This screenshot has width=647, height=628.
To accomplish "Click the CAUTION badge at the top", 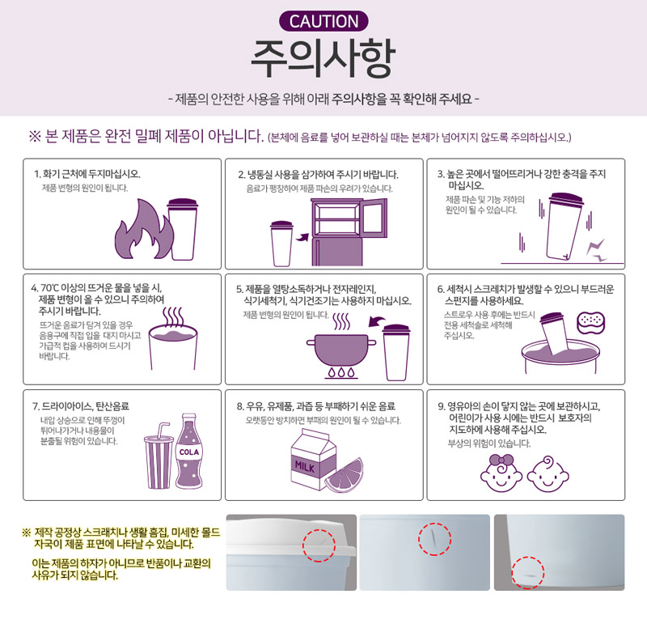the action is pyautogui.click(x=323, y=22).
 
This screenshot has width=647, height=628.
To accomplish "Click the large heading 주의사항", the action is pyautogui.click(x=323, y=58).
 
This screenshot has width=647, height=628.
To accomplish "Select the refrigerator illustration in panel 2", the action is pyautogui.click(x=349, y=231).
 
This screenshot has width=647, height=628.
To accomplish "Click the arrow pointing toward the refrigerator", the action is pyautogui.click(x=302, y=237).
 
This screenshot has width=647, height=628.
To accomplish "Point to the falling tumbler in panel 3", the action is pyautogui.click(x=564, y=227).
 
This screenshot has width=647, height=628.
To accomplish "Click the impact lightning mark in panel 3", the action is pyautogui.click(x=596, y=250).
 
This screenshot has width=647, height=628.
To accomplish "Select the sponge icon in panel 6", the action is pyautogui.click(x=591, y=322).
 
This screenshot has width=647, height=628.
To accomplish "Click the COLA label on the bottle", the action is pyautogui.click(x=189, y=452).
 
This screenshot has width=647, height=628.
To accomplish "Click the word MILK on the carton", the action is pyautogui.click(x=305, y=467).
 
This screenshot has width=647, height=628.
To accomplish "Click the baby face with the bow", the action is pyautogui.click(x=501, y=473).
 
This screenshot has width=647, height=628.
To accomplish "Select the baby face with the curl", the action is pyautogui.click(x=548, y=474).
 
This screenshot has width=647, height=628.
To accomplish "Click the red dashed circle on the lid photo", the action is pyautogui.click(x=319, y=545).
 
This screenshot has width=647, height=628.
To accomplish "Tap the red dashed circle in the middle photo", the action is pyautogui.click(x=434, y=539).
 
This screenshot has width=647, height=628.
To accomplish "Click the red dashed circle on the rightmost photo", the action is pyautogui.click(x=528, y=572).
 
